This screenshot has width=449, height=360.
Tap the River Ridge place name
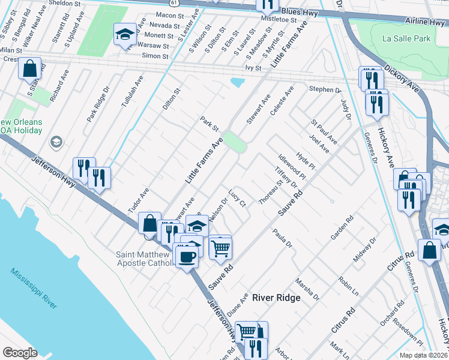pos(276,298)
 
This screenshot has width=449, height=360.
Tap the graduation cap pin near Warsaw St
pos(125,35)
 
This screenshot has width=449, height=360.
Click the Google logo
pos(20,353)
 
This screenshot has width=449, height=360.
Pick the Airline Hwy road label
pos(420,22)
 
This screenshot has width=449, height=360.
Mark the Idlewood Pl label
pos(292,167)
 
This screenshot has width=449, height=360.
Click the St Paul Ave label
pos(324,131)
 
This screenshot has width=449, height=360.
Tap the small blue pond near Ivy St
pos(238,81)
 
